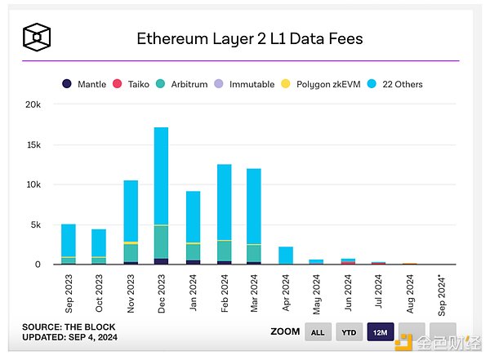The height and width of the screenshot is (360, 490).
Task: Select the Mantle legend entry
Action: pyautogui.click(x=86, y=84)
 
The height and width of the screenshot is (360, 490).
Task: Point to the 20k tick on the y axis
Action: pyautogui.click(x=33, y=104)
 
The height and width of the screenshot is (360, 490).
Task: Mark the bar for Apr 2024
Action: pyautogui.click(x=285, y=256)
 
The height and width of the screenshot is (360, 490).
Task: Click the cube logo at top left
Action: pyautogui.click(x=38, y=37)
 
